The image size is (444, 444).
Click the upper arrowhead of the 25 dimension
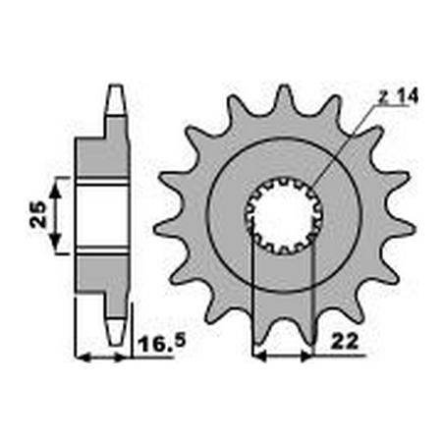pyautogui.click(x=55, y=184)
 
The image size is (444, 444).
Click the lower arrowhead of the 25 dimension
pyautogui.click(x=55, y=249)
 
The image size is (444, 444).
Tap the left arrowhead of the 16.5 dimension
pyautogui.click(x=82, y=356)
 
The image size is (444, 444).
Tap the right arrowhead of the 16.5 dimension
pyautogui.click(x=123, y=356)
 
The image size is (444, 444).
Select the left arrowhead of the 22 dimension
pyautogui.click(x=259, y=356)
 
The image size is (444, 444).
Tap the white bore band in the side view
pyautogui.click(x=103, y=216)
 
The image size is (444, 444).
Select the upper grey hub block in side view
pyautogui.click(x=103, y=157)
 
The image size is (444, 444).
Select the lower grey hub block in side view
pyautogui.click(x=103, y=275)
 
